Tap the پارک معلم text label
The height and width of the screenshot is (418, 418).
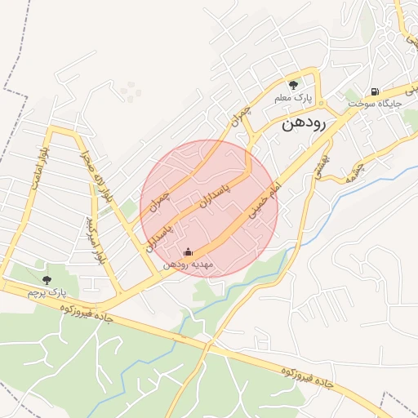296,98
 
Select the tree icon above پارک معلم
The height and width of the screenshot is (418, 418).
293,84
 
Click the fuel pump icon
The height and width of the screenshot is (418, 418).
374,91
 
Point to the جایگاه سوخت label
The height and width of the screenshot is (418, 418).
370,105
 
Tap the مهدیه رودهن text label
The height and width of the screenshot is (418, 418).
188,264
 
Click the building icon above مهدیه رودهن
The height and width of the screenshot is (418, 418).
189,251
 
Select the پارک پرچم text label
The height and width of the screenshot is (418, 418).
45,292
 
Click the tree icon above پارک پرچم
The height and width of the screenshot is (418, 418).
46,279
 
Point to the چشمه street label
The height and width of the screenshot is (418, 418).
354,171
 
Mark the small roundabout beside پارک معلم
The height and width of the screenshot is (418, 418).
322,104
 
